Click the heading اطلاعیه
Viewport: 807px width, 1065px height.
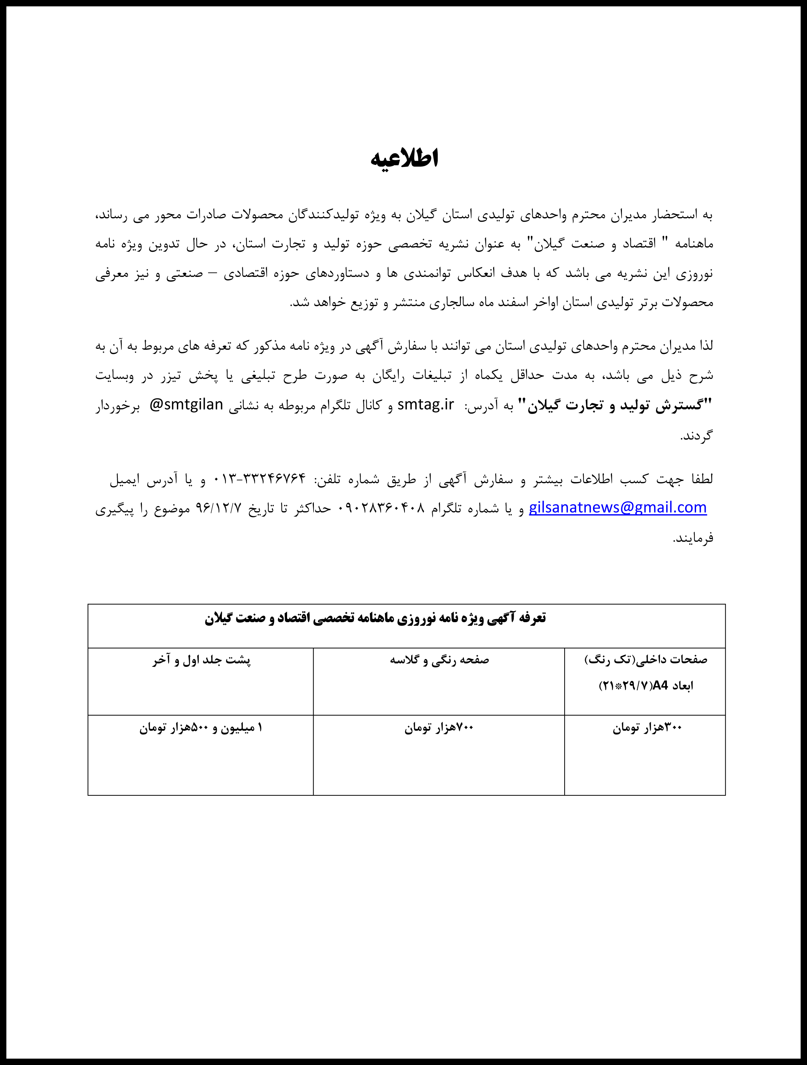pos(404,159)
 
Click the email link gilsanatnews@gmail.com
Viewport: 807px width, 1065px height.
pos(617,508)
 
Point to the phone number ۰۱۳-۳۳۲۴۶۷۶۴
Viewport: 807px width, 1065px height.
pos(259,479)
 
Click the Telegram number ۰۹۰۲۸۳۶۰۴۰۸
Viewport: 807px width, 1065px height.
pos(383,508)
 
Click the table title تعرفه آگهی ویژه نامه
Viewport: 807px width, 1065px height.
pos(375,618)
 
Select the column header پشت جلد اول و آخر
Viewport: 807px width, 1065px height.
pos(202,660)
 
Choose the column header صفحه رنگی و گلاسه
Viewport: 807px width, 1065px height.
pos(439,660)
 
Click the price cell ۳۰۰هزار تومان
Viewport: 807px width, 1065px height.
pos(647,728)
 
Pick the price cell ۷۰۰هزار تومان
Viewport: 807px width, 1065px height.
pos(439,728)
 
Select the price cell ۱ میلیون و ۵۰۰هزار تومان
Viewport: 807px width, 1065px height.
pos(201,728)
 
